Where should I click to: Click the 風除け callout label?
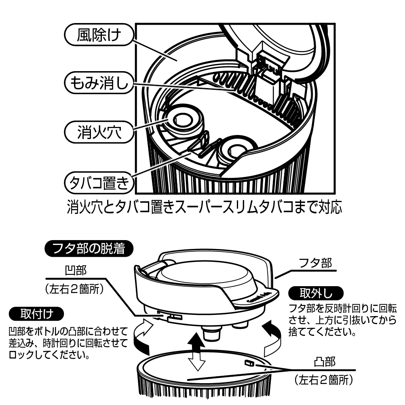pos(99,35)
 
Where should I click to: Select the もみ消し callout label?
pos(99,82)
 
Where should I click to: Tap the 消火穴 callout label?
pos(99,132)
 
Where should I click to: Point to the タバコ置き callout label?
pos(99,183)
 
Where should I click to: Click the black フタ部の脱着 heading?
pos(89,249)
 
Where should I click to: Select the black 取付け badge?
pos(36,314)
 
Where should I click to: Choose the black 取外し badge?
pos(316,293)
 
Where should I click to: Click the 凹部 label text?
pos(76,271)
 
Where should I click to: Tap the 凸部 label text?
pos(325,362)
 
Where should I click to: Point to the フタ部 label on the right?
pos(315,263)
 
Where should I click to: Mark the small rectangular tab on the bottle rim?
pos(249,363)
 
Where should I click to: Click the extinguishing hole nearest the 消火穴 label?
pos(183,120)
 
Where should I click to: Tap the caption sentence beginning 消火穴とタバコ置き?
pos(204,207)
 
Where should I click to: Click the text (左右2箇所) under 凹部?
pos(74,289)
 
